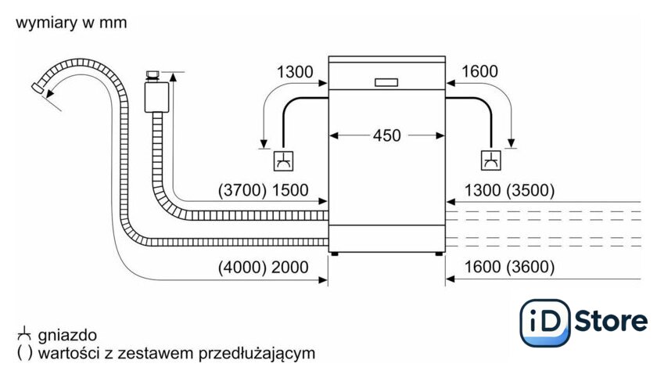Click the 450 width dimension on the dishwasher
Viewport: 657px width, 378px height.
click(386, 135)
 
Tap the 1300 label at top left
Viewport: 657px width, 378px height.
click(295, 72)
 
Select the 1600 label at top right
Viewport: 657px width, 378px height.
click(479, 72)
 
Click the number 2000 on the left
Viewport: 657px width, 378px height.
click(290, 267)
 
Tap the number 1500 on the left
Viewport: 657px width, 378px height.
click(290, 189)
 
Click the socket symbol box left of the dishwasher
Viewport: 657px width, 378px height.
click(283, 161)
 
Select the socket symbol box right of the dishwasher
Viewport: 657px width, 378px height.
click(490, 161)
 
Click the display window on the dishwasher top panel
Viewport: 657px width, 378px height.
click(386, 81)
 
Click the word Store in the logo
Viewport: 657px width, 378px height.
click(611, 321)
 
